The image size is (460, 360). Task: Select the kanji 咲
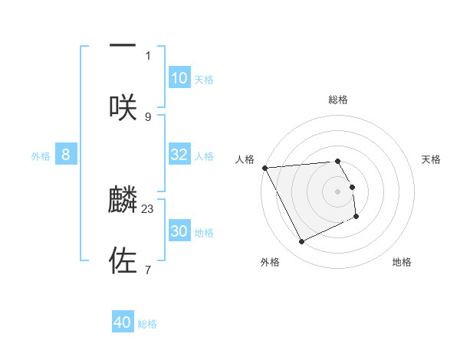[x=123, y=107]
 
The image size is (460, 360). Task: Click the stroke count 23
[x=148, y=208]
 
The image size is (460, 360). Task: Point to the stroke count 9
[x=148, y=116]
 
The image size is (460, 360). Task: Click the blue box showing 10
[x=179, y=78]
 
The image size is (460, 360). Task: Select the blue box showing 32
[x=179, y=155]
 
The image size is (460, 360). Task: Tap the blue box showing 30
[x=179, y=231]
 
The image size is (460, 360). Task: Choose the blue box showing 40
[x=123, y=323]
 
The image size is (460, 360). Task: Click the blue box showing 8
[x=66, y=155]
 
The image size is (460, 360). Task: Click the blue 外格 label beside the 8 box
[x=41, y=155]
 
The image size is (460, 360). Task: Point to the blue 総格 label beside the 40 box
[x=147, y=324]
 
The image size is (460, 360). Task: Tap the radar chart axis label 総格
[x=338, y=100]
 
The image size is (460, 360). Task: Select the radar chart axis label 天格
[x=432, y=159]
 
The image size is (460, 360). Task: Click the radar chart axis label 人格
[x=245, y=159]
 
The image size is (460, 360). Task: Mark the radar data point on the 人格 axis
[x=264, y=168]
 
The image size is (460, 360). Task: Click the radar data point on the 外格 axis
[x=301, y=242]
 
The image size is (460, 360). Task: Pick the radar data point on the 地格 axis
[x=356, y=217]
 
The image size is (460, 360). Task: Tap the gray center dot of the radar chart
[x=338, y=191]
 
